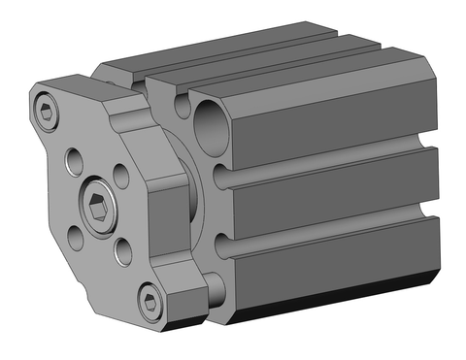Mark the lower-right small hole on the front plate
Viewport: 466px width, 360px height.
click(x=122, y=253)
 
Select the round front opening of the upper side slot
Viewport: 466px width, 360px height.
click(x=220, y=178)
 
